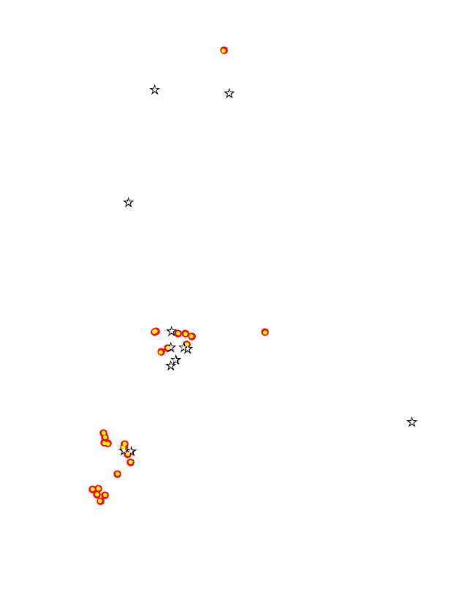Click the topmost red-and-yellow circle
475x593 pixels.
224,50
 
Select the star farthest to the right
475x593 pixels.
411,422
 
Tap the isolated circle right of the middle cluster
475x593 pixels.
265,332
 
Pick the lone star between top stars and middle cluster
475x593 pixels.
129,202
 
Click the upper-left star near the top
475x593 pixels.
155,89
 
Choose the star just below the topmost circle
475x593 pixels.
229,93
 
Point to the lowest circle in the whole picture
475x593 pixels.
100,501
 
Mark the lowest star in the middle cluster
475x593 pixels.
170,366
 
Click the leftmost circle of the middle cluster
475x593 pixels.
155,332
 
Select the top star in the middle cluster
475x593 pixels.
171,331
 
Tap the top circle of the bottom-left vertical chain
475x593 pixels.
103,433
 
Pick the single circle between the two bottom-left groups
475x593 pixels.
117,474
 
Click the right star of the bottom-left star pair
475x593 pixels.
132,451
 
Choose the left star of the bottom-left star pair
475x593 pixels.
124,451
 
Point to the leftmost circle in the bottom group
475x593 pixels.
92,489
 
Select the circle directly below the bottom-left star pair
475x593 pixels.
130,462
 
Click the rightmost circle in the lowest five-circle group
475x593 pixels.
105,495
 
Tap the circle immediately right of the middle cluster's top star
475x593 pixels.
178,333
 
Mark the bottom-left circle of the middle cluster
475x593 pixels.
161,351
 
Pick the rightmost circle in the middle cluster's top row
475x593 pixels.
191,336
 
